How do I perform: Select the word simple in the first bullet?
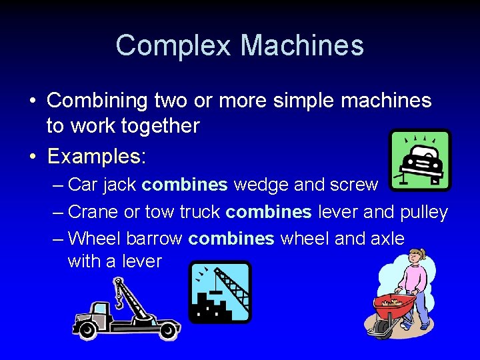pyautogui.click(x=299, y=101)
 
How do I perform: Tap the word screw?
pyautogui.click(x=353, y=184)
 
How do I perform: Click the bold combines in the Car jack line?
pyautogui.click(x=185, y=184)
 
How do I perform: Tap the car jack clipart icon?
pyautogui.click(x=420, y=160)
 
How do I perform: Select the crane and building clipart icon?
pyautogui.click(x=219, y=291)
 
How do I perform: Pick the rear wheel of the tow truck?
pyautogui.click(x=168, y=329)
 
